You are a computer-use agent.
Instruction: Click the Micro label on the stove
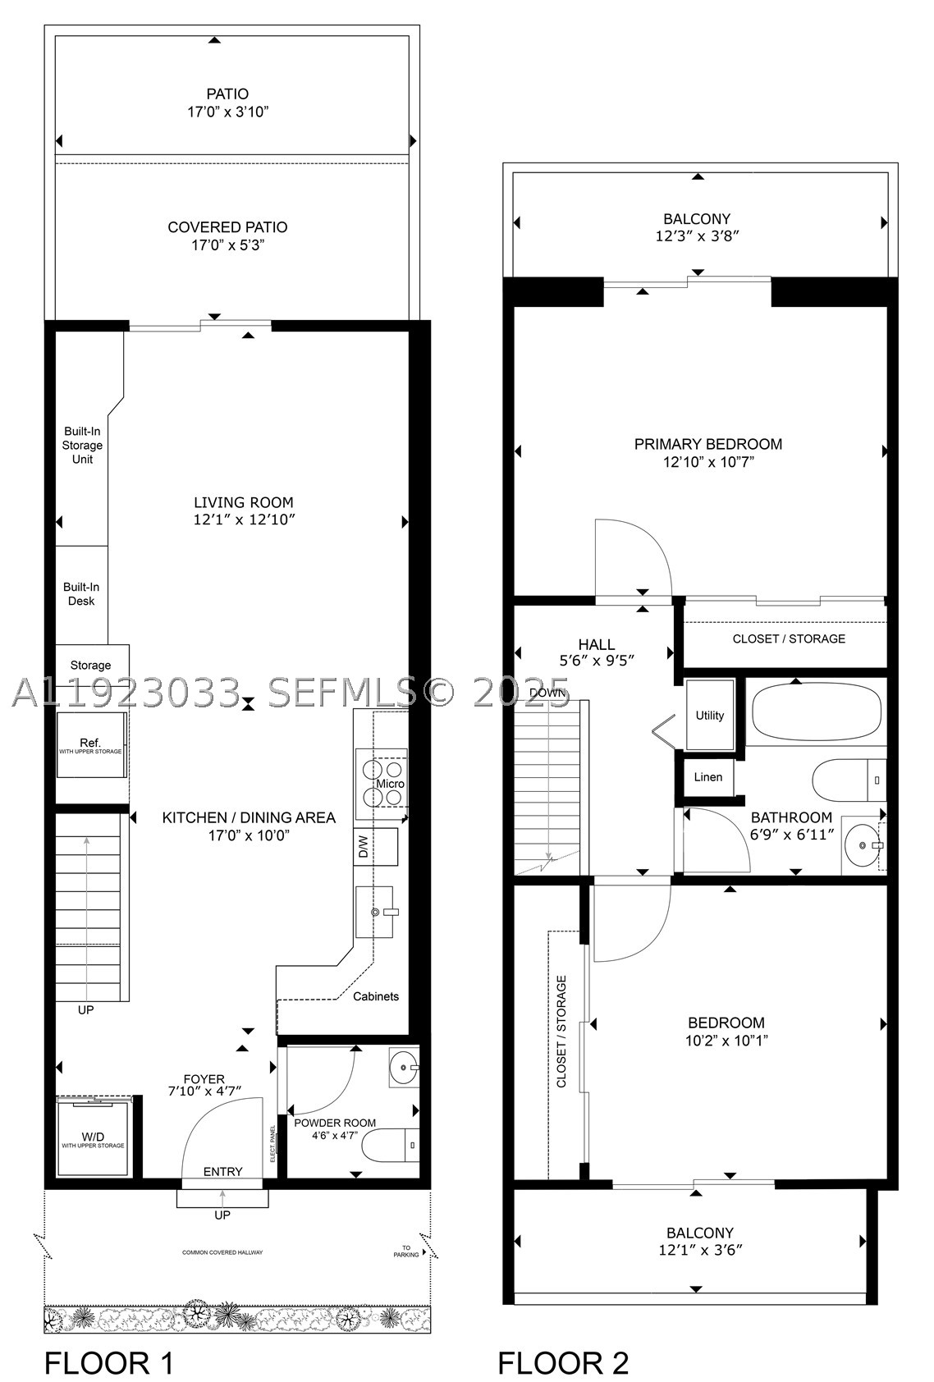(x=390, y=784)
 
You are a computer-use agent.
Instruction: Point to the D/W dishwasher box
(x=376, y=846)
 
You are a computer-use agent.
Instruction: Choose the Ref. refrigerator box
(x=91, y=744)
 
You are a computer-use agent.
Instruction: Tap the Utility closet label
(x=709, y=715)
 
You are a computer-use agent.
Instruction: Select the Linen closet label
(x=707, y=776)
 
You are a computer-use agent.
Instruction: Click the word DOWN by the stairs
(x=547, y=693)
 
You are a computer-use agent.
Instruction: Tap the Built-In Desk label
(x=81, y=593)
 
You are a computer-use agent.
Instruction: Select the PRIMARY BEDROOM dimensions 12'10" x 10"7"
(x=708, y=461)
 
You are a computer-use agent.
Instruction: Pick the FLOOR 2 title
(x=563, y=1362)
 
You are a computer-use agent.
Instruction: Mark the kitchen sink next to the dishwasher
(x=374, y=912)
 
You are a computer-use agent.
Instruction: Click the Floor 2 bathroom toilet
(x=849, y=780)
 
